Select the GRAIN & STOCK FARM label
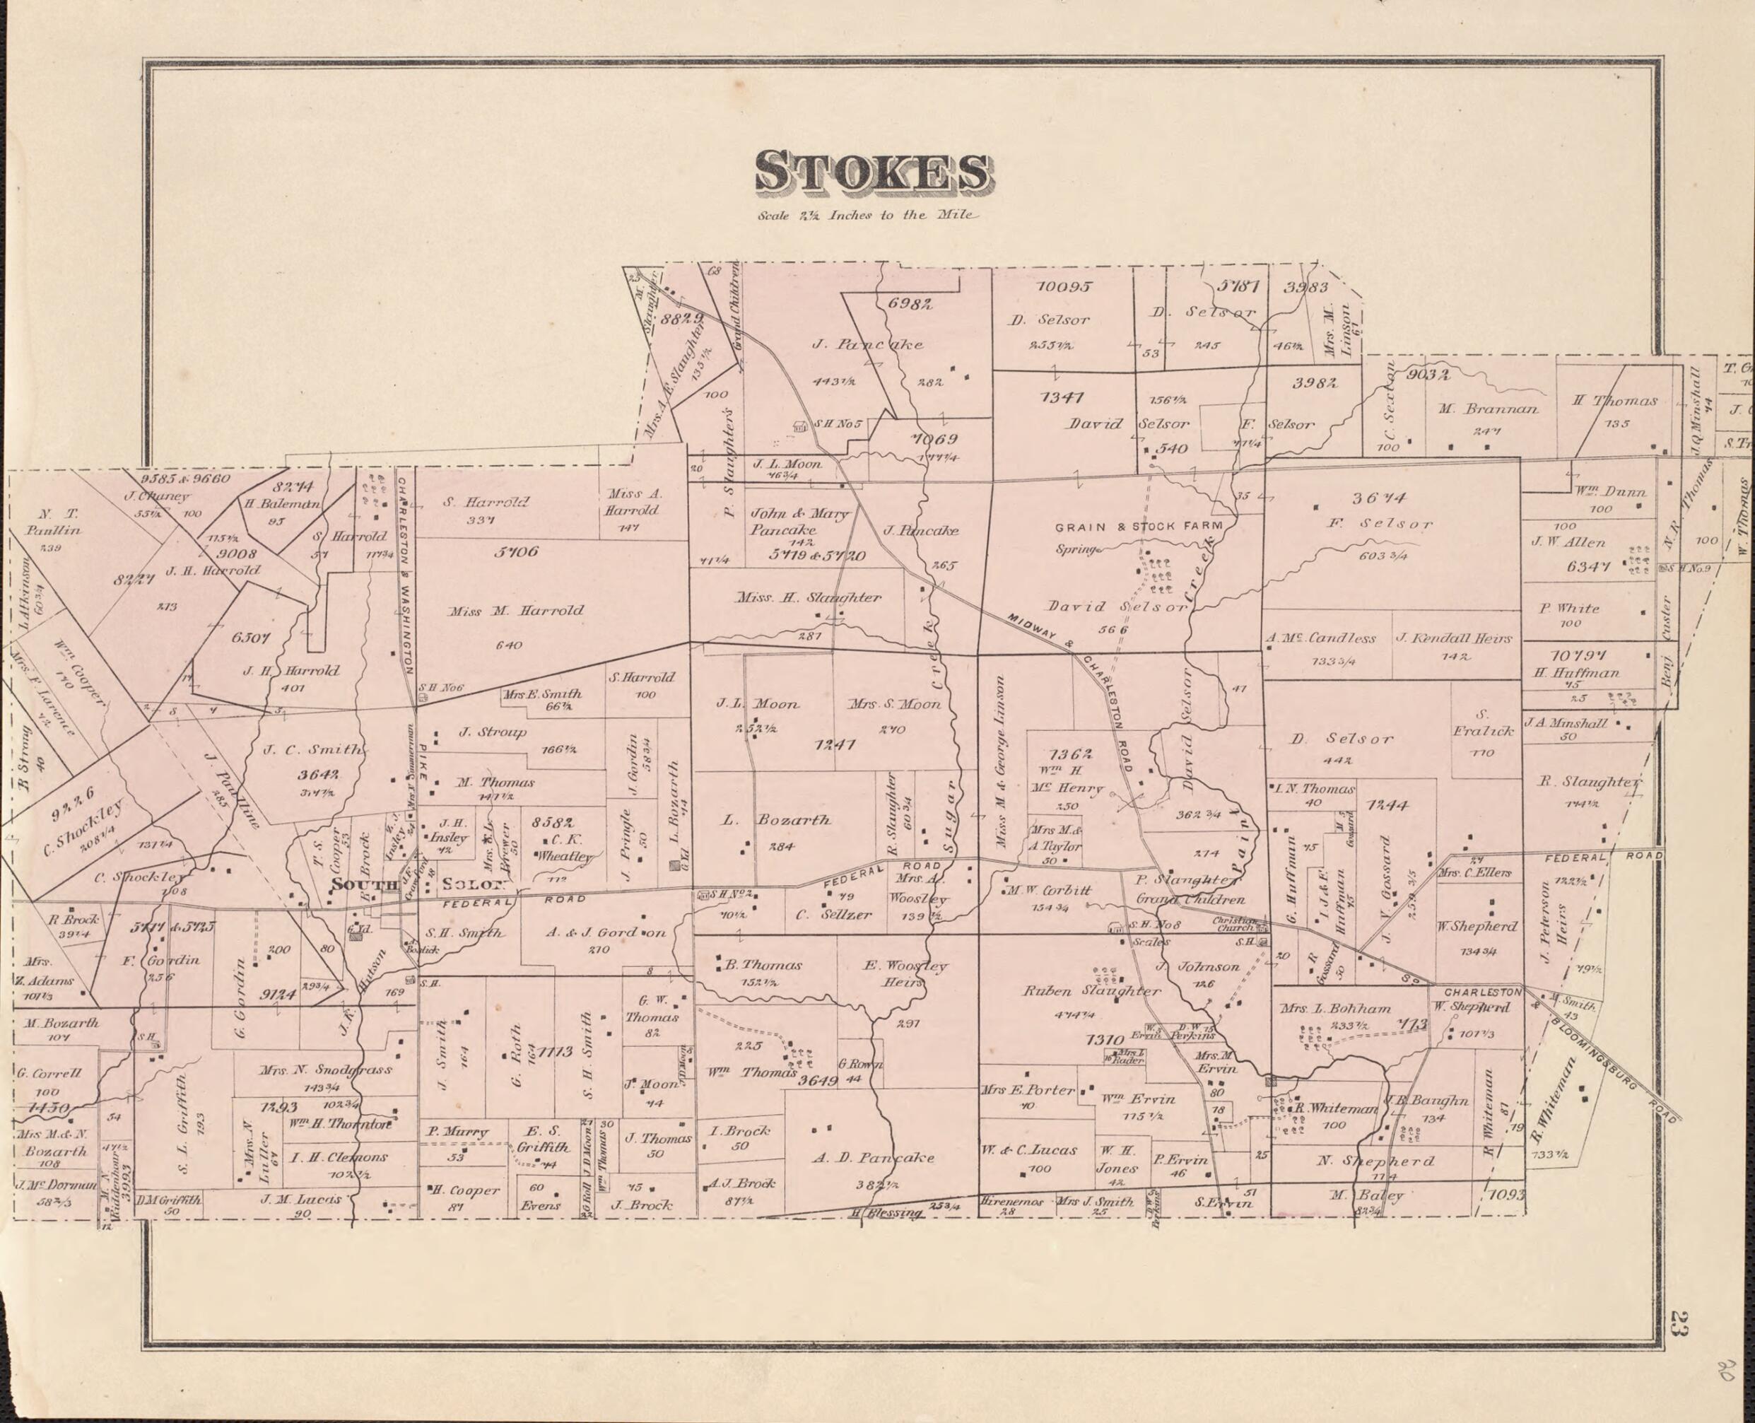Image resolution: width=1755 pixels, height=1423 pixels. pyautogui.click(x=1139, y=525)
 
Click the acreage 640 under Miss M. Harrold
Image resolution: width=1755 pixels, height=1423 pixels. pyautogui.click(x=508, y=645)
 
